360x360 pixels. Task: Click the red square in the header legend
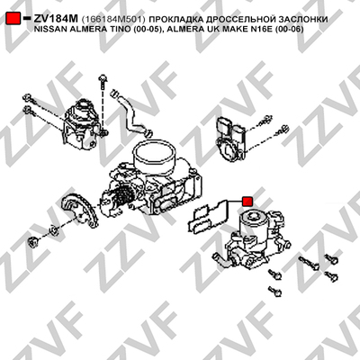tap(13, 19)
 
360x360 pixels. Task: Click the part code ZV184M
tap(56, 19)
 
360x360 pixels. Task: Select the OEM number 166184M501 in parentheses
tap(113, 20)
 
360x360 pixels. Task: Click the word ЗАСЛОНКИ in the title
tap(302, 20)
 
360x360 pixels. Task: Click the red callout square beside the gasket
tap(247, 202)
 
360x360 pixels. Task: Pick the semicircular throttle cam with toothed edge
tap(79, 211)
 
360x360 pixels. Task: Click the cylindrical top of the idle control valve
tap(254, 222)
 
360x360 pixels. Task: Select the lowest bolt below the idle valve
tap(275, 292)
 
